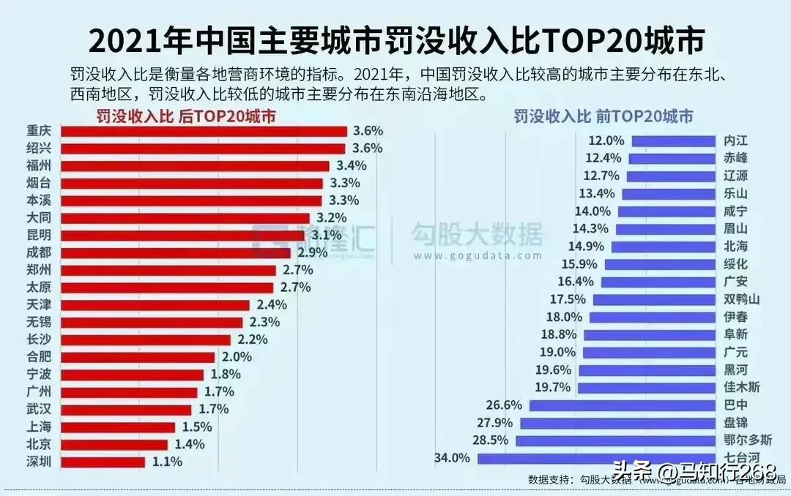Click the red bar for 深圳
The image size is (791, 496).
[103, 462]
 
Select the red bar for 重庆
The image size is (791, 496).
[204, 131]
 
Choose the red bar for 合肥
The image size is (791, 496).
[138, 357]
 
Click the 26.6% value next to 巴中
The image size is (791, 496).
[504, 405]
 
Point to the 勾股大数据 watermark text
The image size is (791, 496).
[476, 236]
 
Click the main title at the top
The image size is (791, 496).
[395, 42]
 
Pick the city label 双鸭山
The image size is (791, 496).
[742, 300]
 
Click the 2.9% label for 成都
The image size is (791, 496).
[311, 253]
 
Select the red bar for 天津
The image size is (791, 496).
[155, 304]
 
